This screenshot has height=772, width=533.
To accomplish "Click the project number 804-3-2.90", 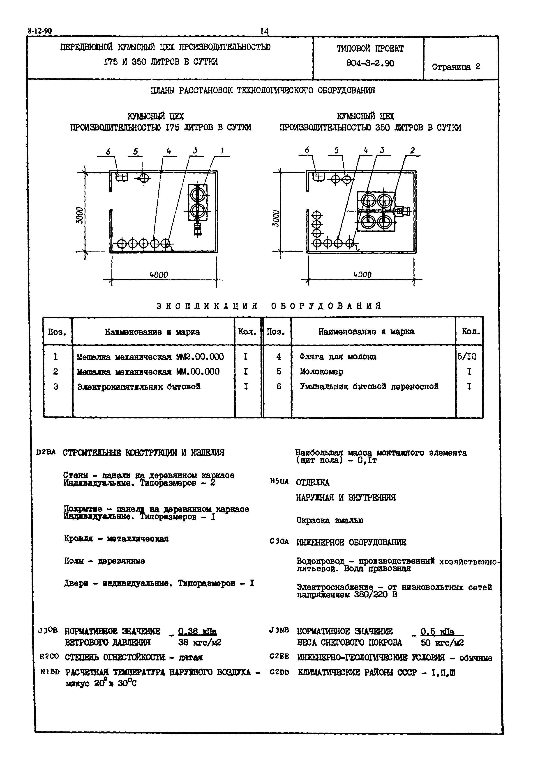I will click(x=370, y=63).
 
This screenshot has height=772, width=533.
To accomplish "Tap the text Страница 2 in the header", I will click(x=456, y=67).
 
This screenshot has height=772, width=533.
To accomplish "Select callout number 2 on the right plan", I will click(x=413, y=151).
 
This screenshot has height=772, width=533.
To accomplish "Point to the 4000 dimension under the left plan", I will click(x=159, y=274).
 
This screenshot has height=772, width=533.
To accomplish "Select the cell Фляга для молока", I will click(x=338, y=357).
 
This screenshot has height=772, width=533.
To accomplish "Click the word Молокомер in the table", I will click(x=321, y=371).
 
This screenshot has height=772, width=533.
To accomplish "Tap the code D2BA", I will click(x=46, y=453).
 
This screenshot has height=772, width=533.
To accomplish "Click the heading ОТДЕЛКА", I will click(x=313, y=482).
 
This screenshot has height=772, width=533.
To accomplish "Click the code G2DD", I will click(x=279, y=672).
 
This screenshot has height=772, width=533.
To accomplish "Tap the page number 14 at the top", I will click(x=264, y=31).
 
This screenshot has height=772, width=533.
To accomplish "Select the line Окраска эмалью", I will click(x=330, y=520).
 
